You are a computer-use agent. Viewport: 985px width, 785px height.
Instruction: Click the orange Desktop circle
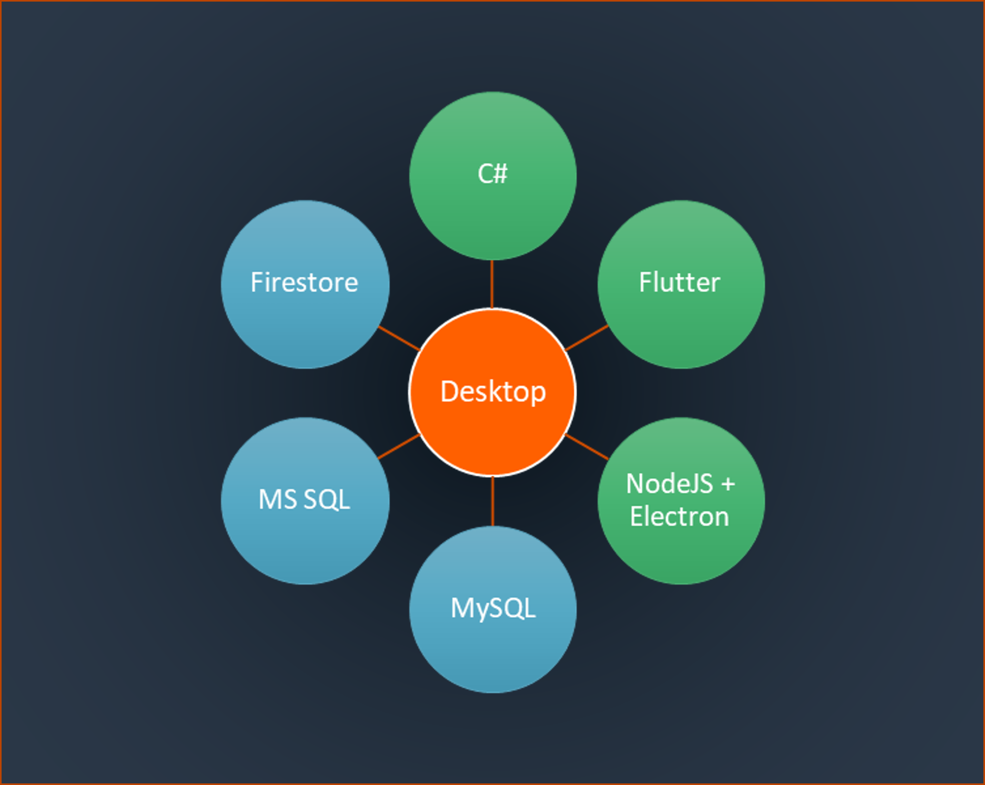[493, 392]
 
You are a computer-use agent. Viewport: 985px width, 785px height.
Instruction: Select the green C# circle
[493, 176]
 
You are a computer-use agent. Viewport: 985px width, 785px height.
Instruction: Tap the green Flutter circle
[681, 284]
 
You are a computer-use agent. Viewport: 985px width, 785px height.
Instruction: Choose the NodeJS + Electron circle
[681, 500]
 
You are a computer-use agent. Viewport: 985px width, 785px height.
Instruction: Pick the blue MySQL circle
[493, 609]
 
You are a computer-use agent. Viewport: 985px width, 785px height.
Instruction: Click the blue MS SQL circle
[305, 500]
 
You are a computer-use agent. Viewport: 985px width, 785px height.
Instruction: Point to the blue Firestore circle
[305, 284]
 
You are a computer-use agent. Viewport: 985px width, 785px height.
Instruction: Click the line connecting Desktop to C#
[492, 284]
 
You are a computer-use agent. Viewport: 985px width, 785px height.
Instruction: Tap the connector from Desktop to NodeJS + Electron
[587, 447]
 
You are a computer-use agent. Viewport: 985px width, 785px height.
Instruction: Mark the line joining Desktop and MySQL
[493, 501]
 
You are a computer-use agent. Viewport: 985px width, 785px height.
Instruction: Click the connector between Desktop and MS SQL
[399, 446]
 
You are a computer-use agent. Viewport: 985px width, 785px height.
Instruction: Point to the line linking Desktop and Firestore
[399, 338]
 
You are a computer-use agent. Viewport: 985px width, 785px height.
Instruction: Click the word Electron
[679, 517]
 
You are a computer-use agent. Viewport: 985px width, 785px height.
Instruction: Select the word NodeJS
[669, 484]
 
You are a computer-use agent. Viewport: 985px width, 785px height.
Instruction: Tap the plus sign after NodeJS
[728, 484]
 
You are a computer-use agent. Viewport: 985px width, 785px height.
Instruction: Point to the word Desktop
[493, 392]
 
